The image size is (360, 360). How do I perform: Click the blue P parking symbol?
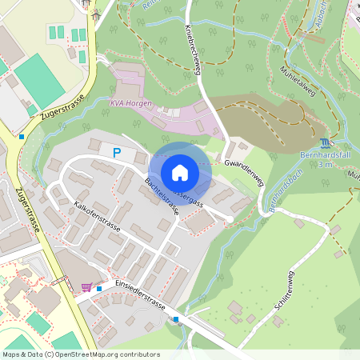[x=117, y=153]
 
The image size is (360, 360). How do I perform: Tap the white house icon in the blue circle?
[x=180, y=173]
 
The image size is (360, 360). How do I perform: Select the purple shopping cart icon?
[x=86, y=286]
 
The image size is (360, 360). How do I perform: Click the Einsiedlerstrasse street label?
[x=140, y=295]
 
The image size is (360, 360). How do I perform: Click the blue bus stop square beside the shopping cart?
[x=99, y=287]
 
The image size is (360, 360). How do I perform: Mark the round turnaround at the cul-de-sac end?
[x=230, y=219]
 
